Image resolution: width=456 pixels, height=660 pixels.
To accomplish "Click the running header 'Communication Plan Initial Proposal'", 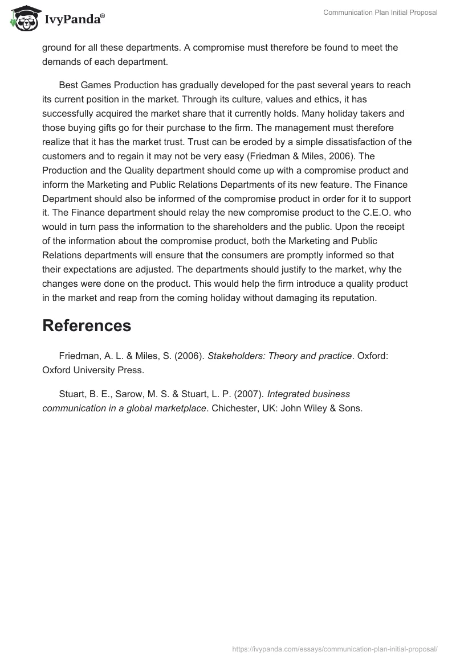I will [x=380, y=13].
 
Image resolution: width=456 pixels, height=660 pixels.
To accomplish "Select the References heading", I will [x=87, y=325].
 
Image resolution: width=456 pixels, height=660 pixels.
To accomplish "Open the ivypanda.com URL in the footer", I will [x=335, y=649].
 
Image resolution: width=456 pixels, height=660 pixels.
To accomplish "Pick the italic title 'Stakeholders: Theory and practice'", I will [x=279, y=356].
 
